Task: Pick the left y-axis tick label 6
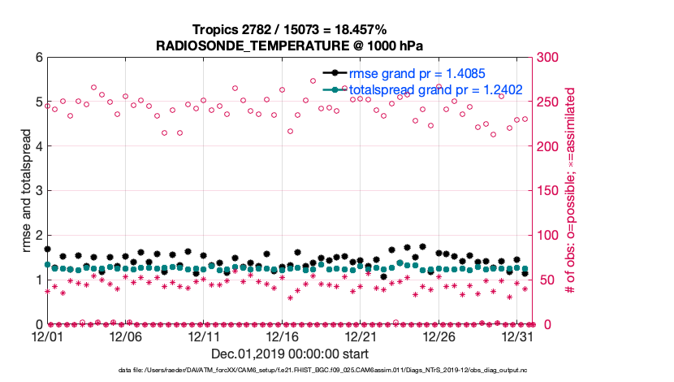(x=38, y=58)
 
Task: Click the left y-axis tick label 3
(x=38, y=191)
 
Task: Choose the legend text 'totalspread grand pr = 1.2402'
(x=435, y=89)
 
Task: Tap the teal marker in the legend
(x=333, y=89)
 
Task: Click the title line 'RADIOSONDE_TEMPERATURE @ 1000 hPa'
(x=290, y=45)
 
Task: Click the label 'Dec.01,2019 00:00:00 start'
(x=290, y=354)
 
